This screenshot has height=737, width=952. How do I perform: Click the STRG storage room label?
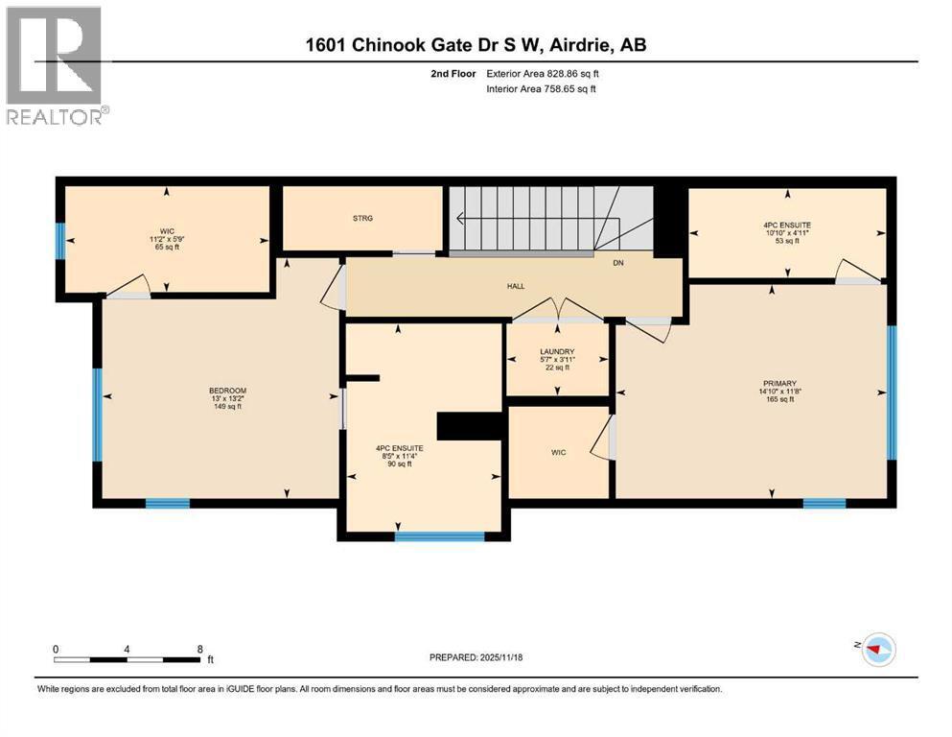[362, 219]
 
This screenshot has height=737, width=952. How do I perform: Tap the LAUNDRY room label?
[556, 352]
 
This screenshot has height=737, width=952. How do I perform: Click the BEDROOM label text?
[227, 391]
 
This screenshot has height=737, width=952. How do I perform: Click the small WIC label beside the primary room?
[559, 452]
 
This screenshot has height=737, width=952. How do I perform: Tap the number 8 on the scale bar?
[199, 649]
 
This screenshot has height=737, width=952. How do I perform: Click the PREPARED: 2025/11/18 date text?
[476, 657]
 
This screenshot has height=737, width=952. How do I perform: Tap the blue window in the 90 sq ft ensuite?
[439, 536]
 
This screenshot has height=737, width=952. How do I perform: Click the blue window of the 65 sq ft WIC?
[59, 241]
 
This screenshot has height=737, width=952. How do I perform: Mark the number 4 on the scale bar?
[127, 649]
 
